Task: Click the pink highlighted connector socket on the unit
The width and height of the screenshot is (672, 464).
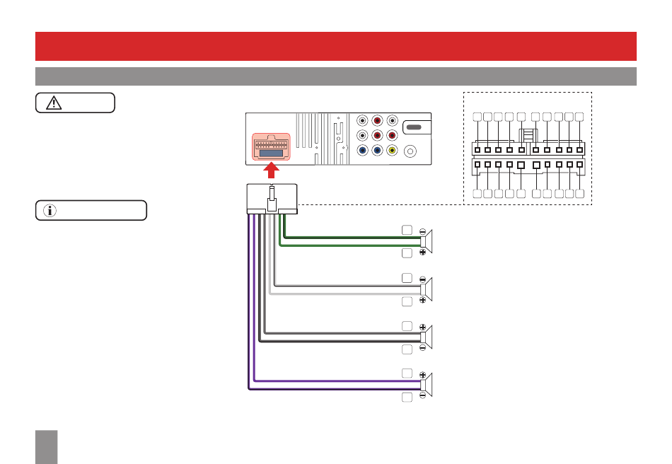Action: coord(273,146)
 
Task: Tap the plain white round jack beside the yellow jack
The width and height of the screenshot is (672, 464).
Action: coord(410,151)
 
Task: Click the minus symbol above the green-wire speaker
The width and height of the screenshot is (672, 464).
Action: coord(422,231)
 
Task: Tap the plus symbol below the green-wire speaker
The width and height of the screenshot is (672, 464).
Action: coord(422,252)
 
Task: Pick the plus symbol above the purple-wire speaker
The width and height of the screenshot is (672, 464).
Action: coord(422,374)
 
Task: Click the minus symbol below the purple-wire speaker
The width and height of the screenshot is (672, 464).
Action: coord(422,395)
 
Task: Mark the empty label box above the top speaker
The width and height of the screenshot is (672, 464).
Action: coord(407,230)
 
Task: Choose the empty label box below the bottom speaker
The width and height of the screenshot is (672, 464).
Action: coord(407,398)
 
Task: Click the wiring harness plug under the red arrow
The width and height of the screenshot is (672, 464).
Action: coord(273,198)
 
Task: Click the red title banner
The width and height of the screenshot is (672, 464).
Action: coord(336,46)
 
